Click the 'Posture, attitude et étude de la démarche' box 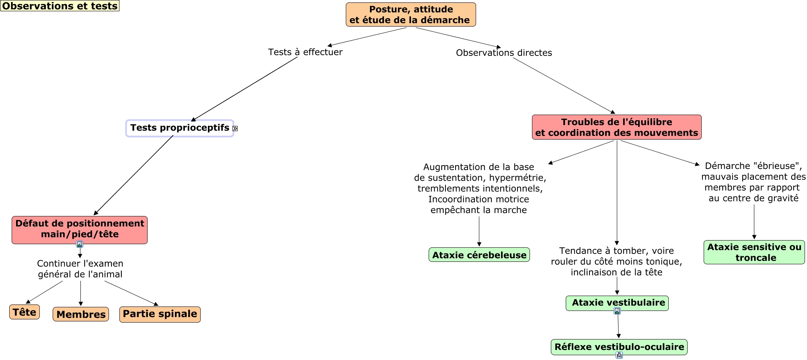coord(411,15)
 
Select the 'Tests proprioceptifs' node coord(179,128)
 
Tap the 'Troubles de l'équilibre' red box coord(616,127)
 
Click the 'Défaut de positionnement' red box coord(80,229)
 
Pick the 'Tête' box coord(25,312)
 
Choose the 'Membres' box coord(81,314)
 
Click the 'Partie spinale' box coord(160,314)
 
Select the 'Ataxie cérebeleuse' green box coord(479,255)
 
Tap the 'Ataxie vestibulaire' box coord(617,303)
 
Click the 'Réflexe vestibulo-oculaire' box coord(619,347)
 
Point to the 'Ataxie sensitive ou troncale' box coord(754,252)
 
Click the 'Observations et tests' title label coord(60,6)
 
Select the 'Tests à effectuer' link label coord(305,52)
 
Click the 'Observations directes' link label coord(504,53)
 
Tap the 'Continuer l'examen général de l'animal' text coord(80,269)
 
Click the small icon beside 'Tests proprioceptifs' coord(235,129)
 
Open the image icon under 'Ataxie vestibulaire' coord(617,311)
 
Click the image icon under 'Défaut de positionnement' coord(80,244)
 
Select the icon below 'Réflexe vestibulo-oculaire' coord(619,355)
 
